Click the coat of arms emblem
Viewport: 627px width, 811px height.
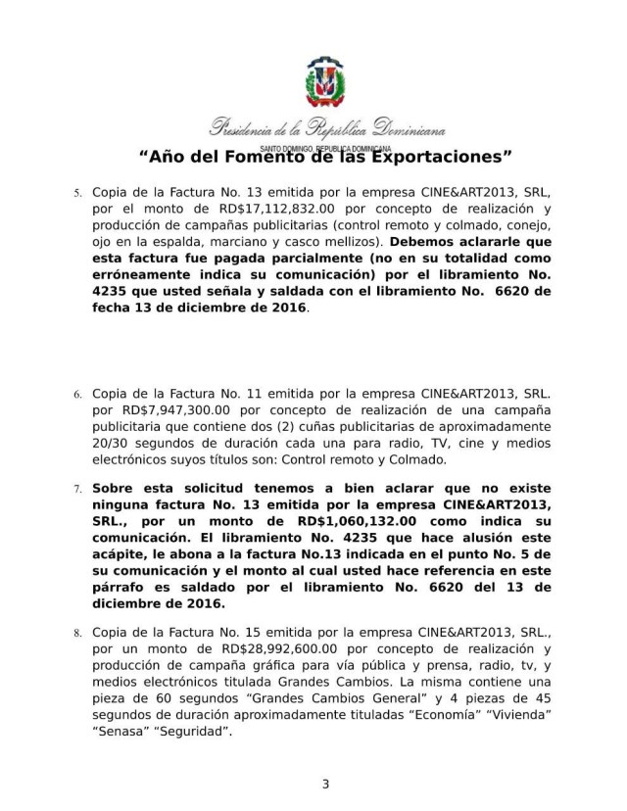coord(324,87)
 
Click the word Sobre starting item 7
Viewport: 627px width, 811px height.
coord(117,486)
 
